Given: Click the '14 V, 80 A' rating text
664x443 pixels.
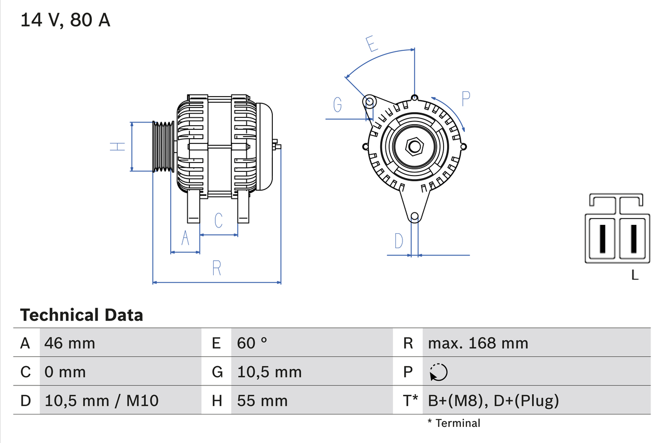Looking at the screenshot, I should [65, 20].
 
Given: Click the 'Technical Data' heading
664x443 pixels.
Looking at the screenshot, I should [81, 315].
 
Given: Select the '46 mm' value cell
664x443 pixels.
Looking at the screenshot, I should [70, 343].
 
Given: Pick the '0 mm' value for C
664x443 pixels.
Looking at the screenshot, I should [65, 372].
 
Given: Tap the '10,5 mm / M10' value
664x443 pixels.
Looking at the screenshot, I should [102, 400].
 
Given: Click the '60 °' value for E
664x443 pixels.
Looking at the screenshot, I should [252, 343].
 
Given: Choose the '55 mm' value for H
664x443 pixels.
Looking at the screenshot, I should [262, 400].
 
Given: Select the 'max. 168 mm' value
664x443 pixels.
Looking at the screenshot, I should [478, 343].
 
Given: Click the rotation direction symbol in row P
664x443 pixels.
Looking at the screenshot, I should [438, 372].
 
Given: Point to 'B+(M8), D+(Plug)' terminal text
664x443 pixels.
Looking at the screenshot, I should [493, 400].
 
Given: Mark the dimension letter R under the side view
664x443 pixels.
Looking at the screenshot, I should [217, 268].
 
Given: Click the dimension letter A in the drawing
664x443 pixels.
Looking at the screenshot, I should [185, 238].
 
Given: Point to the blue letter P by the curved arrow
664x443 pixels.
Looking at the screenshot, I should [465, 98].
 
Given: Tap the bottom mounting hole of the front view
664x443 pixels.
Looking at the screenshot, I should [414, 217].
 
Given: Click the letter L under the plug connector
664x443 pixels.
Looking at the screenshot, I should [634, 275].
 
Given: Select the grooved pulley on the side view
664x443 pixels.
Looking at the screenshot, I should [163, 146].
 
